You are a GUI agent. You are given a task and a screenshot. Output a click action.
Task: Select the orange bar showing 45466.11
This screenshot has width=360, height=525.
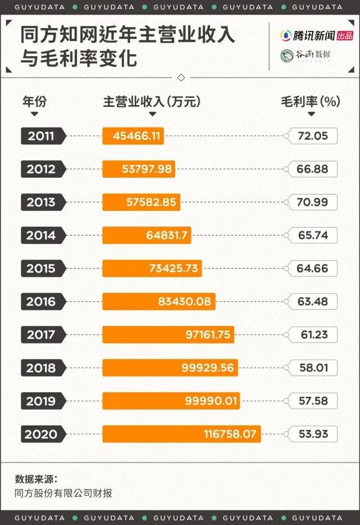point(133,136)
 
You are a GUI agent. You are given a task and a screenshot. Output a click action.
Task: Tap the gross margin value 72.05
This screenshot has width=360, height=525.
point(313,136)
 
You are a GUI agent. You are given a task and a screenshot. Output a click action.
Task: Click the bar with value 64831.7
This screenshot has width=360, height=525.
point(147,235)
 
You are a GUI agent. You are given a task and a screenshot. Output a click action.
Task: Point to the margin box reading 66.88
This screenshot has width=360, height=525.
point(313,169)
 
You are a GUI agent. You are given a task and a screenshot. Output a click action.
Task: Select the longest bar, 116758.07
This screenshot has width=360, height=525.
point(182,434)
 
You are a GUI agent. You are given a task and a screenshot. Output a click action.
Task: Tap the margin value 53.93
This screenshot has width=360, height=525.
point(313,434)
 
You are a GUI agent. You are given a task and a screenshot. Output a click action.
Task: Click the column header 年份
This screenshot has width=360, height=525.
point(34,101)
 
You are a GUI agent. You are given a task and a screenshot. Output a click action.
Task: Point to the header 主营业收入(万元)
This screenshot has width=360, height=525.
point(152,101)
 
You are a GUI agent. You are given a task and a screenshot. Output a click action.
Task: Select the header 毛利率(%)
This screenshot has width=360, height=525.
point(310,101)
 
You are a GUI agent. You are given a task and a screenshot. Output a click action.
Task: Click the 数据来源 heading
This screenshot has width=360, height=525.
point(36,479)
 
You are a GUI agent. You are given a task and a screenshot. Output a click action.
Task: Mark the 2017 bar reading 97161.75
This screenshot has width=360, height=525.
point(168,335)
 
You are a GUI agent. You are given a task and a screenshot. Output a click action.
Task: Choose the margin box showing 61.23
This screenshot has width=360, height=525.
point(313,335)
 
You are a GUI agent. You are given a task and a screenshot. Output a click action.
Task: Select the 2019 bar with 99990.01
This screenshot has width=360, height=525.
point(171,401)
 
